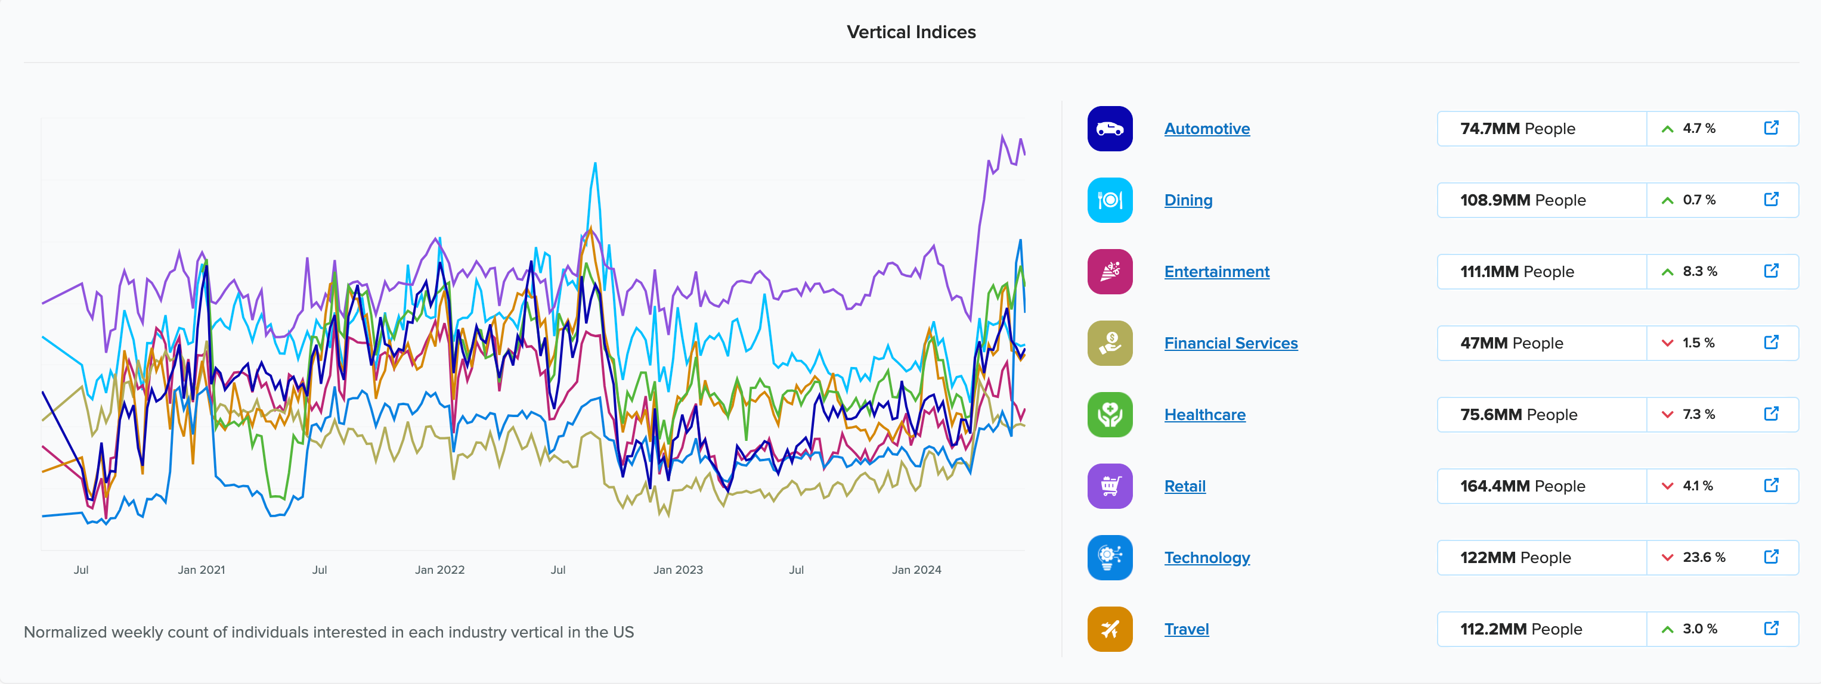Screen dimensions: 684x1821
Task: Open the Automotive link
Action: (1207, 129)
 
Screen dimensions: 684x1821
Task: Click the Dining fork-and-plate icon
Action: (1109, 200)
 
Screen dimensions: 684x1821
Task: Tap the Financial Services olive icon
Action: (1109, 343)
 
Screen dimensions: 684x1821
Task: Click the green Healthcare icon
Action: (1109, 415)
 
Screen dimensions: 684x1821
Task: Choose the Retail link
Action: (1184, 486)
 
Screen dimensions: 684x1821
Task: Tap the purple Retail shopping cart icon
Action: (1109, 486)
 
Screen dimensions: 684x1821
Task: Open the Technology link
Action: (1207, 558)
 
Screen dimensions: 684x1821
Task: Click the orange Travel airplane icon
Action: (1109, 629)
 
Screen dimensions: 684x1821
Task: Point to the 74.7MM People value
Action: (1517, 129)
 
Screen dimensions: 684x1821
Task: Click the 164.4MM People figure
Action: (1522, 486)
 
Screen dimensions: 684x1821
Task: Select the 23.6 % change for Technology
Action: (1703, 558)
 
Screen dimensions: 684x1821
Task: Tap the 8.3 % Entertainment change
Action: (1699, 271)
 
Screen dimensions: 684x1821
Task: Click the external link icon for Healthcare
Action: (1771, 414)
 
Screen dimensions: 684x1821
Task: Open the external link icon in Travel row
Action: (1771, 628)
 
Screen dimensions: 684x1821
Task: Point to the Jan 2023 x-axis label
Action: (677, 570)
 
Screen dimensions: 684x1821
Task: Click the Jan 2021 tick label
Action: (201, 570)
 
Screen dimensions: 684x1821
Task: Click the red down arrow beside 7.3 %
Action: (1667, 415)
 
